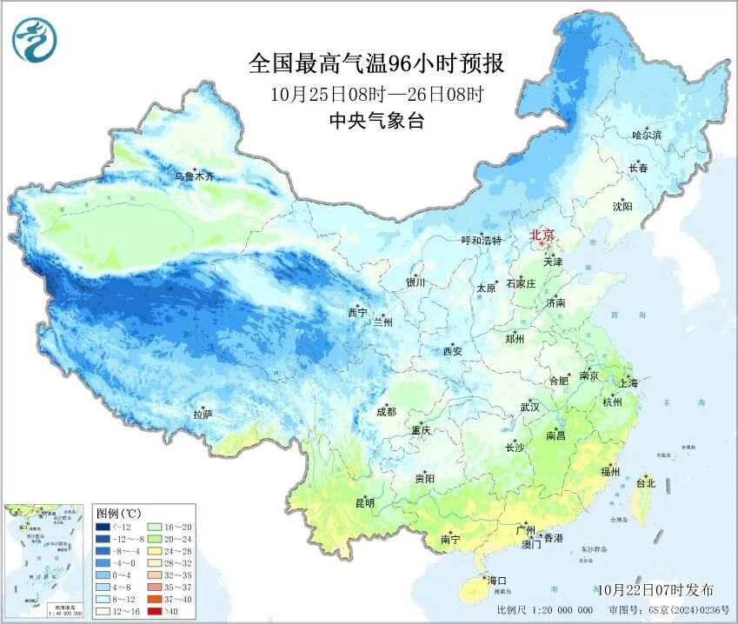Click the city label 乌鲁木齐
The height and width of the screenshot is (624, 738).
click(194, 176)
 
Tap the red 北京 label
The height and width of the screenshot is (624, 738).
click(542, 234)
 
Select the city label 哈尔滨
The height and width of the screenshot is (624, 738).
click(647, 136)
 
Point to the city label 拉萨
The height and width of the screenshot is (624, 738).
click(203, 415)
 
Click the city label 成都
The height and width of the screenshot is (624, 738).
click(387, 412)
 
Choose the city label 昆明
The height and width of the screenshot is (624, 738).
click(364, 503)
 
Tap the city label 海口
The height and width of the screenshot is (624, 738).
click(497, 580)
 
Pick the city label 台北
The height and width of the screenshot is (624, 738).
click(645, 482)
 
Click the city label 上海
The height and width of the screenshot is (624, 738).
click(628, 383)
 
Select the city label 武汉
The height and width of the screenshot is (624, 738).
click(529, 407)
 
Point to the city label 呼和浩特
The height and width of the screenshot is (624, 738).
click(481, 241)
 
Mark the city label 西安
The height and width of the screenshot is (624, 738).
click(452, 351)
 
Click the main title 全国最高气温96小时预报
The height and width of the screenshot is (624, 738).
click(376, 64)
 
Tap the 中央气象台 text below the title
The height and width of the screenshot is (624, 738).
click(376, 122)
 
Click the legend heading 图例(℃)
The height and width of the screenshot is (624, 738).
click(118, 513)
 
